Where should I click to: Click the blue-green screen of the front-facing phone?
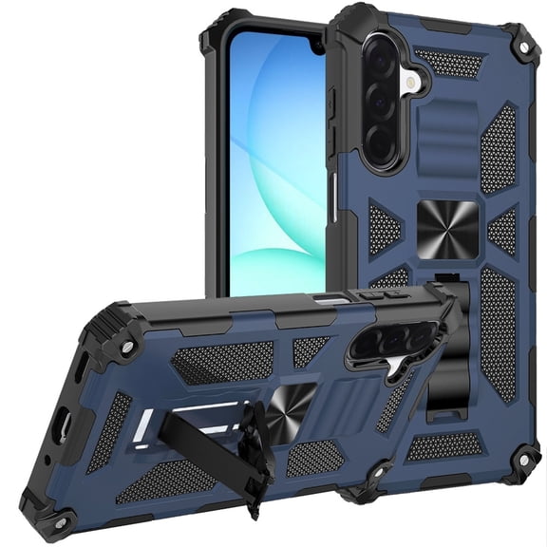point(275,161)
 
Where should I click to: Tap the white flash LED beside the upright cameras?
point(410,84)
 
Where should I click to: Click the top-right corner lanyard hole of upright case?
point(519,46)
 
